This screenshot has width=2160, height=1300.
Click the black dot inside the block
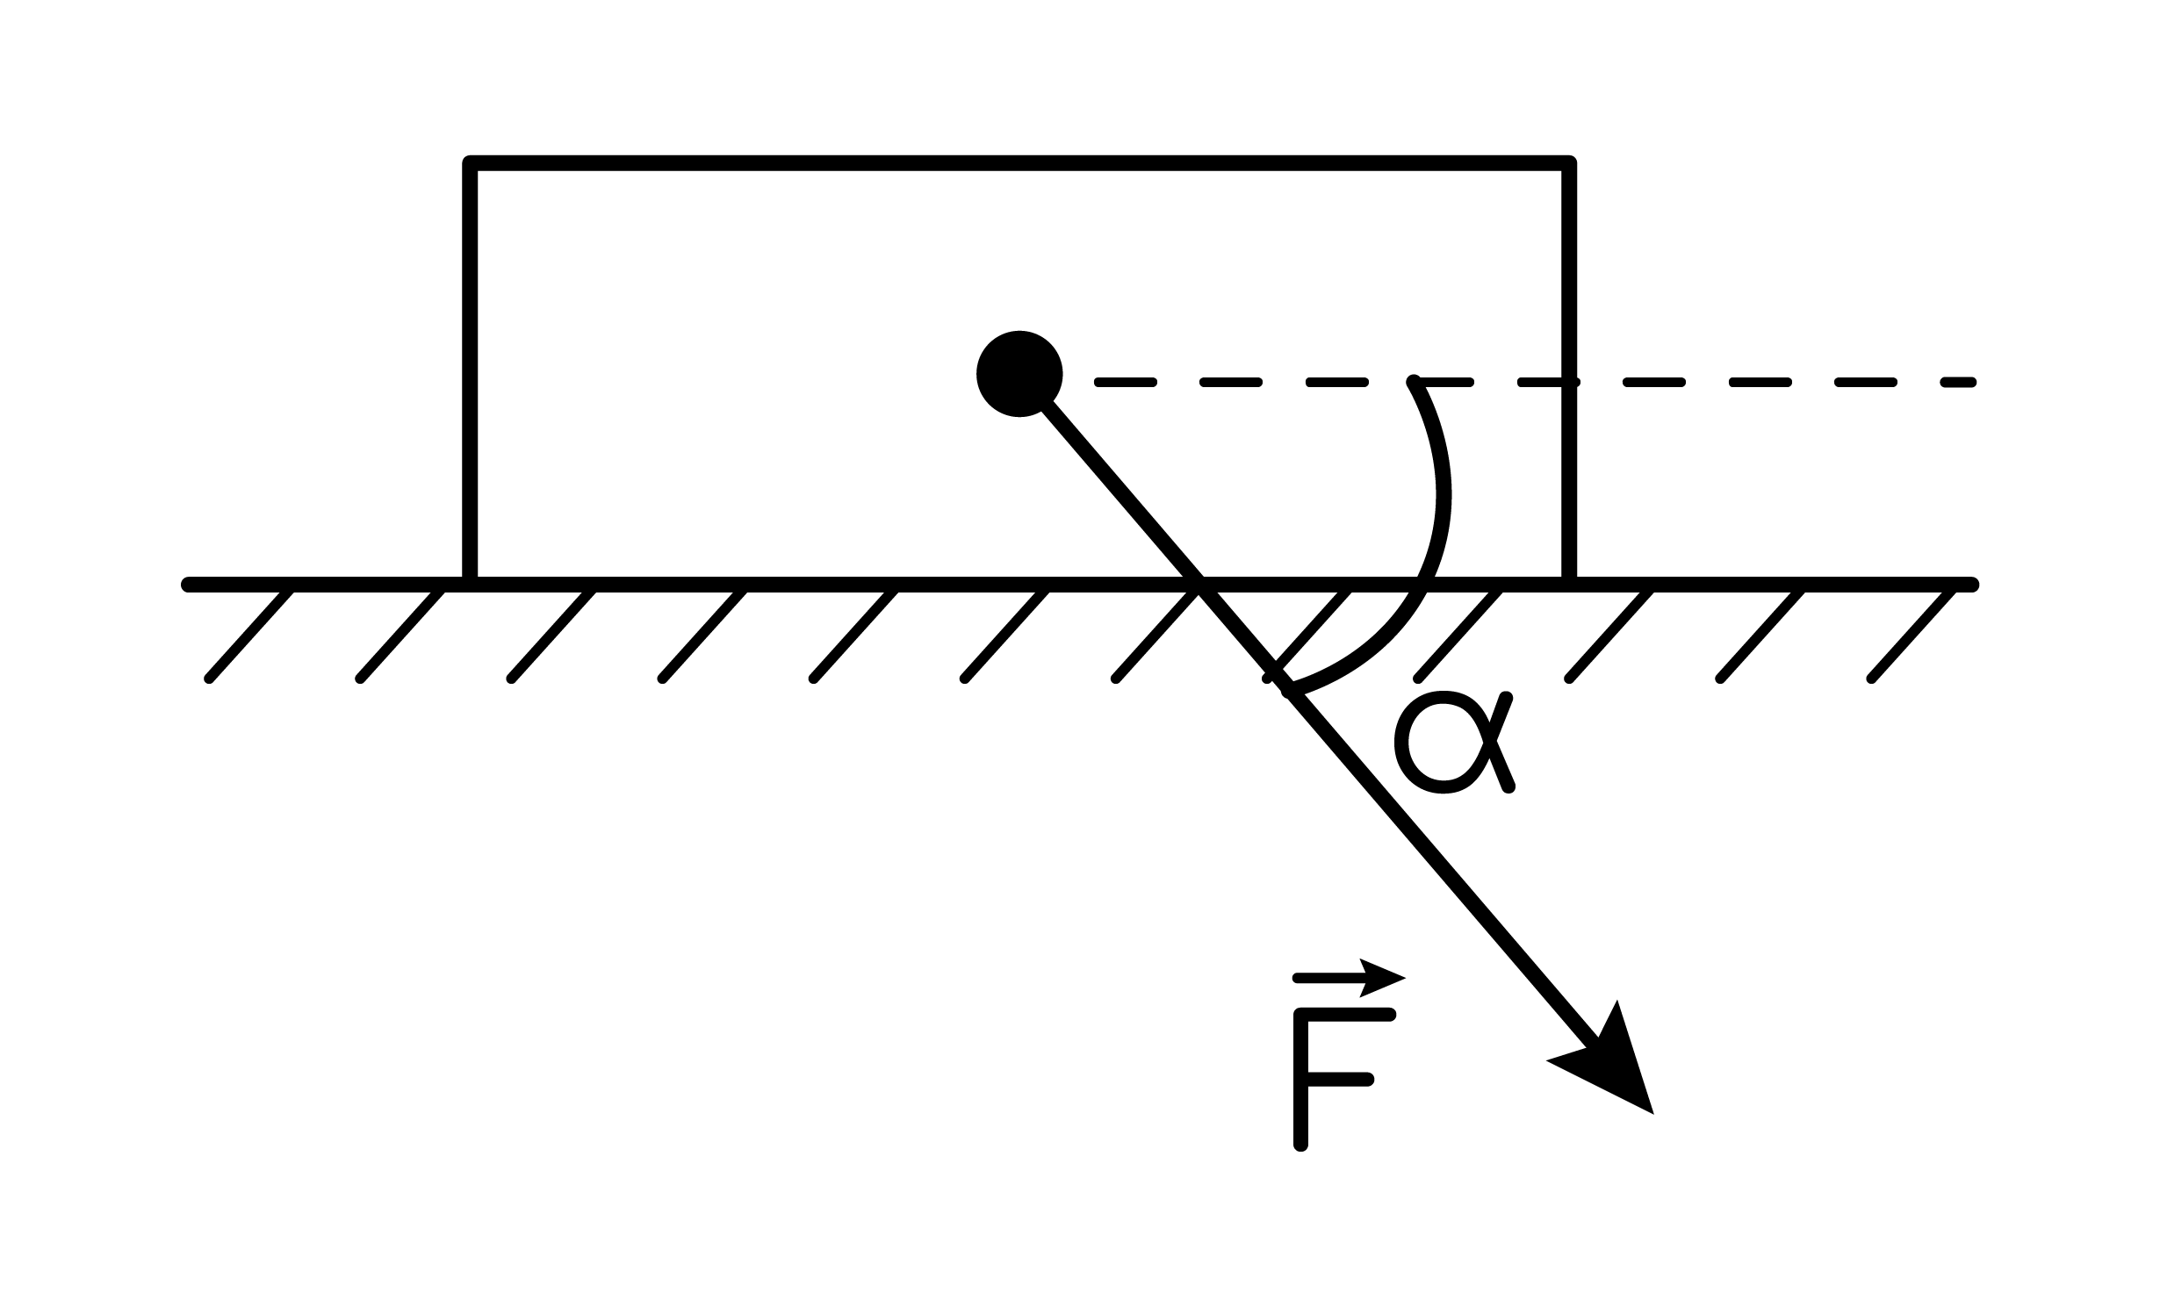[x=1019, y=374]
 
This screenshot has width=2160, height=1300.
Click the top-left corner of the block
[x=471, y=164]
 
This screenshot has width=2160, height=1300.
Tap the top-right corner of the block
[x=1569, y=164]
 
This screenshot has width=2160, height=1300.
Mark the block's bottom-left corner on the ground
[x=471, y=584]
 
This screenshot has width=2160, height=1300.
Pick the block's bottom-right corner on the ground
[x=1569, y=584]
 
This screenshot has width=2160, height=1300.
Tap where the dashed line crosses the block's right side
[x=1569, y=382]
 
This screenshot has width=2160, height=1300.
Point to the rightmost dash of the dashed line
[x=1958, y=382]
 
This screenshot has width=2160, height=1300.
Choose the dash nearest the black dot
[x=1126, y=382]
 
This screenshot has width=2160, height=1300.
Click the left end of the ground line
[x=188, y=585]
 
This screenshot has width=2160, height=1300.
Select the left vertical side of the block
[x=471, y=374]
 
